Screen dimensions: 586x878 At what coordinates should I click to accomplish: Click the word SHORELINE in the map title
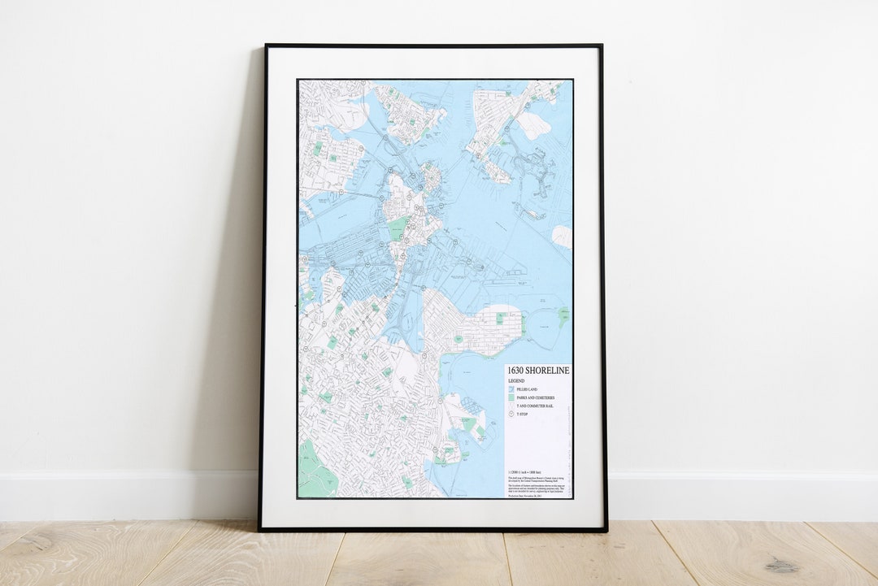pyautogui.click(x=549, y=371)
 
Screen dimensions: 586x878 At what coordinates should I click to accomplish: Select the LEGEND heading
pyautogui.click(x=517, y=380)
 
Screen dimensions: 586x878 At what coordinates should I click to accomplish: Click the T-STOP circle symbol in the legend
pyautogui.click(x=511, y=415)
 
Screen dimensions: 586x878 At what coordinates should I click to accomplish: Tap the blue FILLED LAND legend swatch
pyautogui.click(x=511, y=390)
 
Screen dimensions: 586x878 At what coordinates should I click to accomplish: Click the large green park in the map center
pyautogui.click(x=398, y=228)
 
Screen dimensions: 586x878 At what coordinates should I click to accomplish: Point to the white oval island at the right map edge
pyautogui.click(x=562, y=237)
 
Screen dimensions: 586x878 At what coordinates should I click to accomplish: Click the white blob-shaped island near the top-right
pyautogui.click(x=533, y=125)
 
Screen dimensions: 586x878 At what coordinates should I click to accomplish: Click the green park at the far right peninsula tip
pyautogui.click(x=563, y=316)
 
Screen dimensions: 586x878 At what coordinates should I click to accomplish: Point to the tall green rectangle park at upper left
pyautogui.click(x=317, y=149)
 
